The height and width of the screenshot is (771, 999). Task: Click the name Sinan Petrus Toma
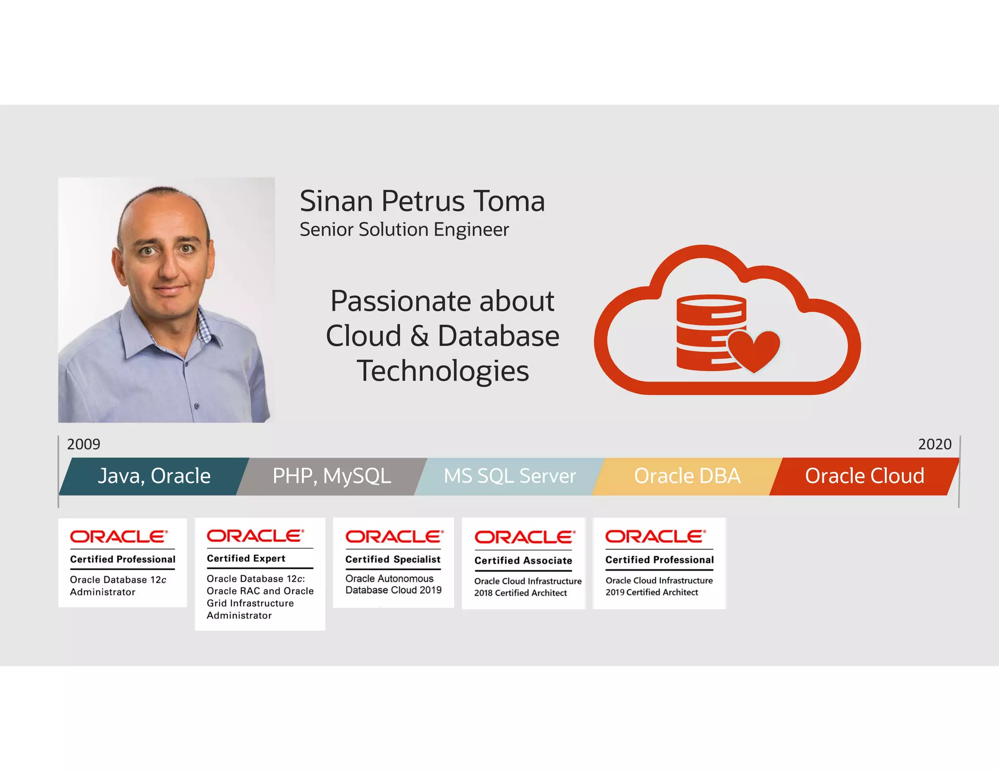(x=422, y=201)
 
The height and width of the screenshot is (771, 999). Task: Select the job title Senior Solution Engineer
(x=404, y=230)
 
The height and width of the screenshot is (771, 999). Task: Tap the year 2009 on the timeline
(x=83, y=444)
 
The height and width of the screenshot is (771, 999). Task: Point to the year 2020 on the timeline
(x=935, y=444)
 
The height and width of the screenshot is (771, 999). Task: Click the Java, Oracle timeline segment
(x=154, y=476)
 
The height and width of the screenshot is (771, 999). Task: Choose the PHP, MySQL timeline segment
(x=332, y=476)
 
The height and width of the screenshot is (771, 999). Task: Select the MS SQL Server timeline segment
(x=510, y=476)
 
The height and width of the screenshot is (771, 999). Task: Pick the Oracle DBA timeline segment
(x=687, y=476)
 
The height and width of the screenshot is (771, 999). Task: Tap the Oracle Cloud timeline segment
(x=864, y=476)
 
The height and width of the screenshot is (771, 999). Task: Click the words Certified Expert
(x=246, y=559)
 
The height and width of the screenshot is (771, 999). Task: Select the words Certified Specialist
(x=393, y=559)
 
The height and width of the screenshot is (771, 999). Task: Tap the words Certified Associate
(x=523, y=560)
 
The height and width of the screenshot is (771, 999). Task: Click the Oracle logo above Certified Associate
(x=525, y=537)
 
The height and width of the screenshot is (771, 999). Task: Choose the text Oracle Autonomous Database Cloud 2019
(x=393, y=584)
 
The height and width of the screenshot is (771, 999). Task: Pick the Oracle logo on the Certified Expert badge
(x=255, y=536)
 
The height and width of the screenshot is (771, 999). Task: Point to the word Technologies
(x=442, y=371)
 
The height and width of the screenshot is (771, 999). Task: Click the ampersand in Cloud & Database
(x=420, y=336)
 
